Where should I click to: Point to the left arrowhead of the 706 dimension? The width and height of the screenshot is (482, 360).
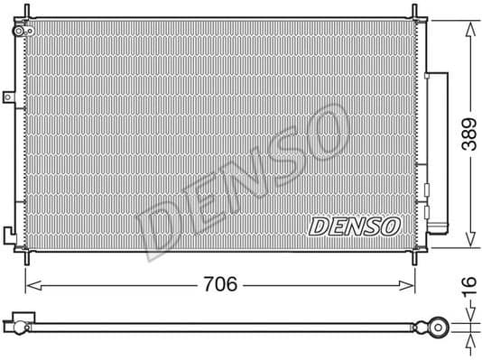[x=28, y=285]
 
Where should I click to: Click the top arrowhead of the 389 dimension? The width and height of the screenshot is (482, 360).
[x=468, y=22]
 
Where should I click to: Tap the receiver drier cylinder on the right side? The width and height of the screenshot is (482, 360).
[x=439, y=149]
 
